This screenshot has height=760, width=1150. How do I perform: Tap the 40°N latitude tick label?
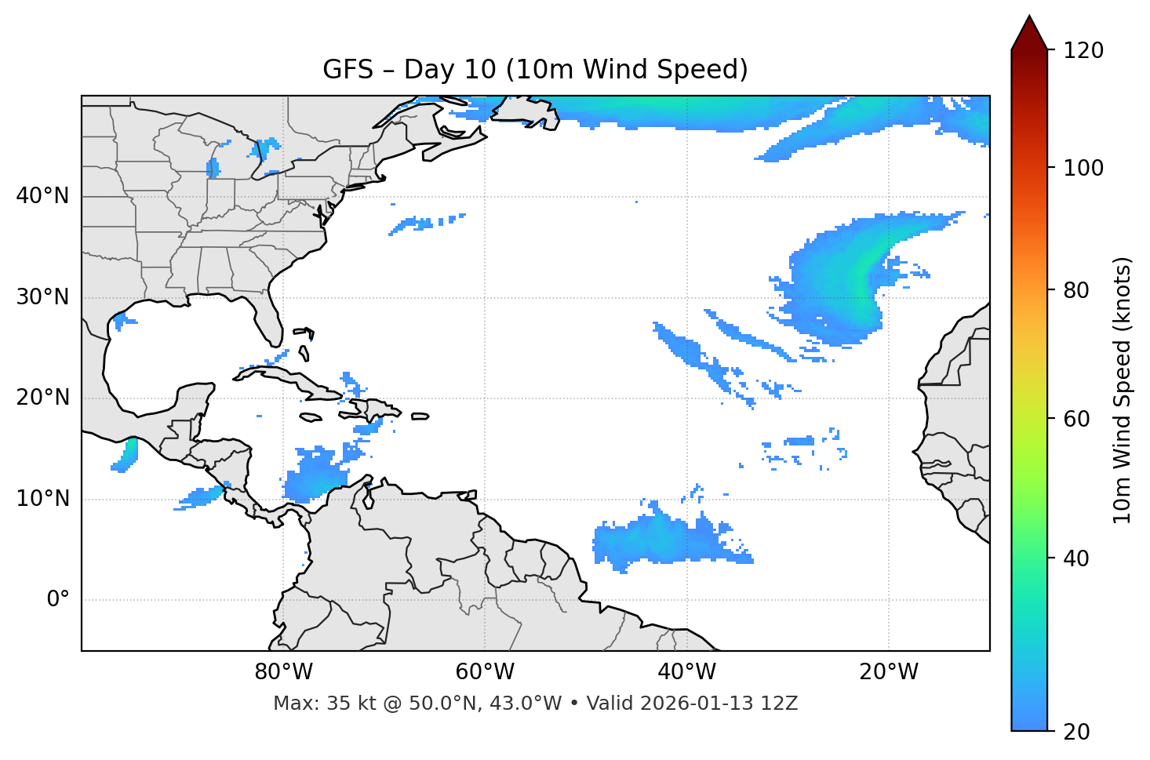coord(42,196)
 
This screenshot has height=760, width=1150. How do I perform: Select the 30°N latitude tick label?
coord(42,297)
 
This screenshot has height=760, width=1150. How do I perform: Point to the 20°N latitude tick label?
coord(42,398)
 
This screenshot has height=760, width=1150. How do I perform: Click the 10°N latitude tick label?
coord(42,499)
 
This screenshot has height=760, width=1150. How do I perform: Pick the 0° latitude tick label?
coord(58,600)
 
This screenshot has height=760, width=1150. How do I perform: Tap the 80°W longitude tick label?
coord(283,672)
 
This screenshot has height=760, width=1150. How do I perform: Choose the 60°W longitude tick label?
coord(485,672)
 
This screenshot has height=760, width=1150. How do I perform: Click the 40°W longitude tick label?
coord(686,672)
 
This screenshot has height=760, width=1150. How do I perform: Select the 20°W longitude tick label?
coord(888,672)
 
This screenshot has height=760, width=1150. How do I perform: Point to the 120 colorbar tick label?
coord(1083,51)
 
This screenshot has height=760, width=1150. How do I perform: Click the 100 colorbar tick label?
coord(1083,168)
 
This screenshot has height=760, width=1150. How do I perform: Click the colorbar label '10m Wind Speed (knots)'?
coord(1123,390)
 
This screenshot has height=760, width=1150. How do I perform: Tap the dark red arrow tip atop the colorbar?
coord(1029,30)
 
